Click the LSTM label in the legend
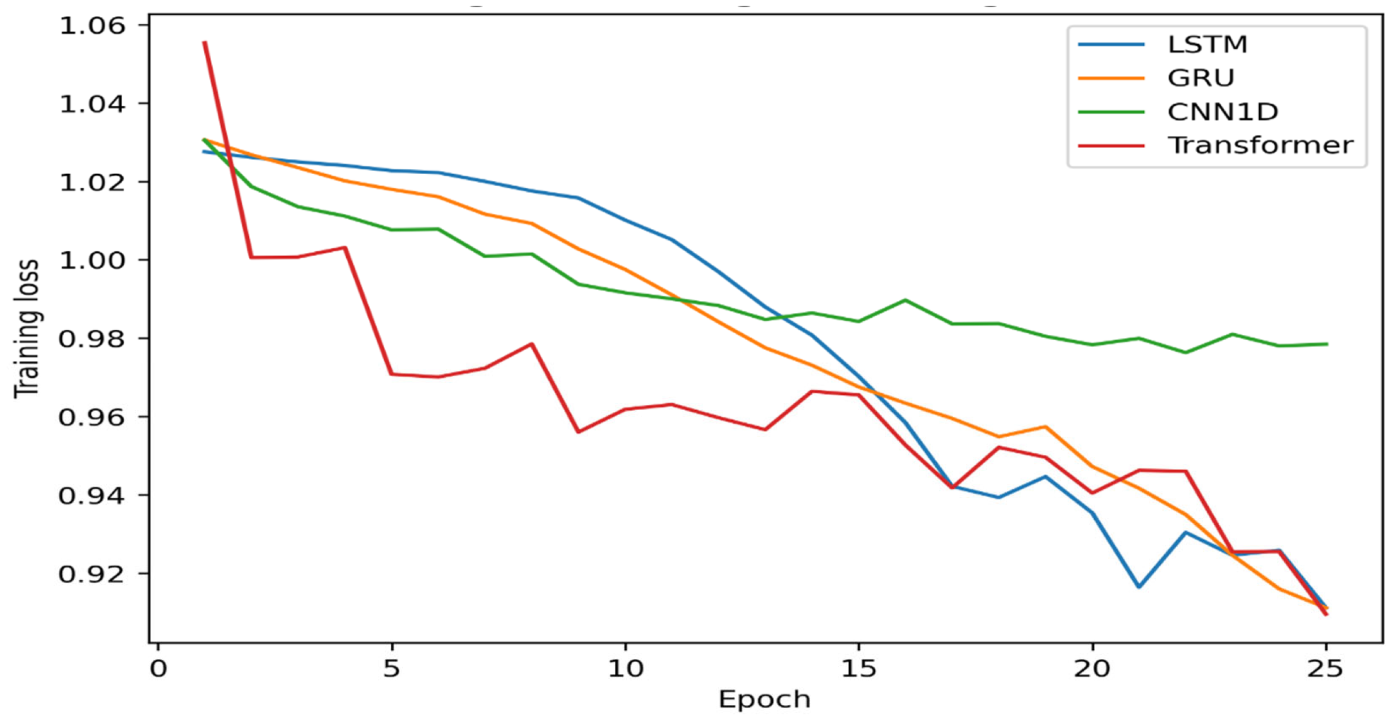coord(1207,45)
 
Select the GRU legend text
coord(1200,78)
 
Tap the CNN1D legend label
coord(1222,112)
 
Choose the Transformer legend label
coord(1260,145)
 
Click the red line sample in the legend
coord(1111,146)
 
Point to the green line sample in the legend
coord(1111,112)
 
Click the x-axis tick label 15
coord(858,669)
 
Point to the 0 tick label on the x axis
coord(158,669)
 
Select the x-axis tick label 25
coord(1325,669)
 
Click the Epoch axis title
coord(764,700)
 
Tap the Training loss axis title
coord(27,328)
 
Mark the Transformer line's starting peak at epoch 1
coord(205,42)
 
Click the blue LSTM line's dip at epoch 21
coord(1139,587)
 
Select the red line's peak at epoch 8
coord(532,344)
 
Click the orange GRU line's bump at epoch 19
coord(1045,426)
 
